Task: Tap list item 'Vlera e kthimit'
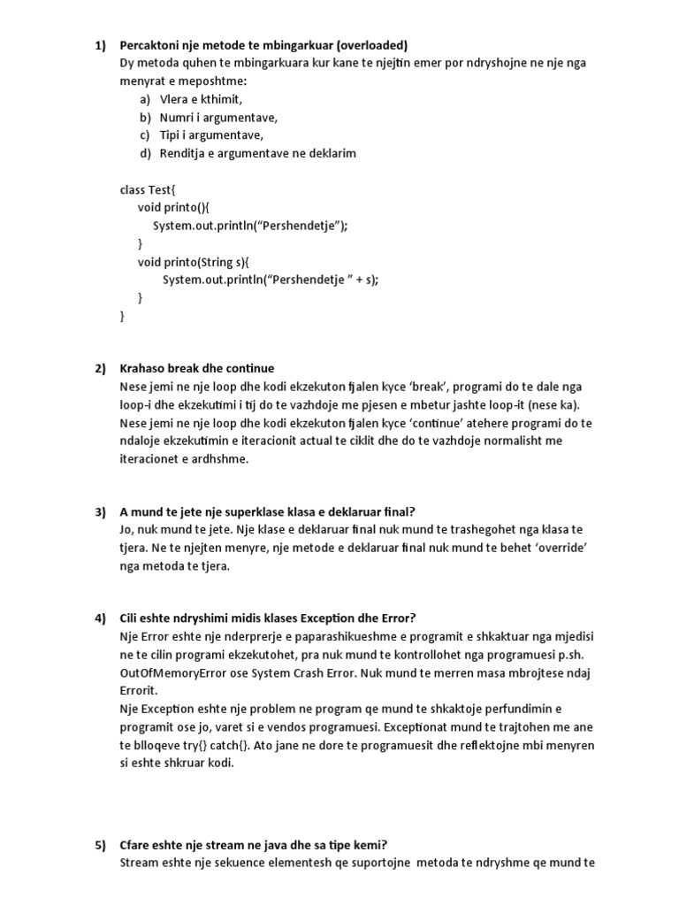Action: (201, 99)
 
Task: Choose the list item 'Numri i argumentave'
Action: (218, 117)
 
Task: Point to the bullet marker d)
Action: (145, 153)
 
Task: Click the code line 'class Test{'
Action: (148, 189)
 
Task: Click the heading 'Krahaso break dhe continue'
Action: (197, 368)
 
